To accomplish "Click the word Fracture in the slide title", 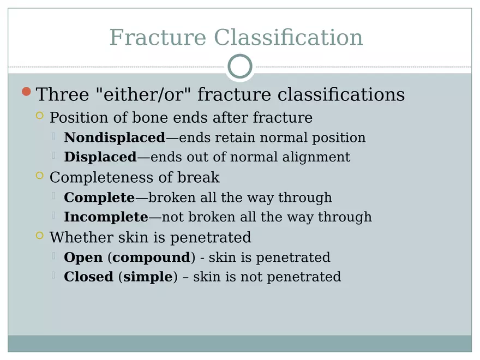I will (158, 38).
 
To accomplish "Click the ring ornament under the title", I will (240, 67).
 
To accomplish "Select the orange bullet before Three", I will (26, 92).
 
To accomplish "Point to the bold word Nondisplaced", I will (115, 137).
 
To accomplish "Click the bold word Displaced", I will (100, 157).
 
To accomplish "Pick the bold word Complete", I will (99, 197).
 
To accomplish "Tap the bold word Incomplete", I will (106, 217).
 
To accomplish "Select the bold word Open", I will (83, 257).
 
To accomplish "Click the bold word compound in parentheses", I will (151, 257).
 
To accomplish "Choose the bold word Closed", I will (88, 277).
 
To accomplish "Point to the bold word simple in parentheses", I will (148, 277).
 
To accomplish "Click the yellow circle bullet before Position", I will (39, 116).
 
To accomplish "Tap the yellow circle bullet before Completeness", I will (39, 176).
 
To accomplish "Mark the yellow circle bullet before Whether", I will (39, 236).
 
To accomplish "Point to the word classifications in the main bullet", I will (341, 94).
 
